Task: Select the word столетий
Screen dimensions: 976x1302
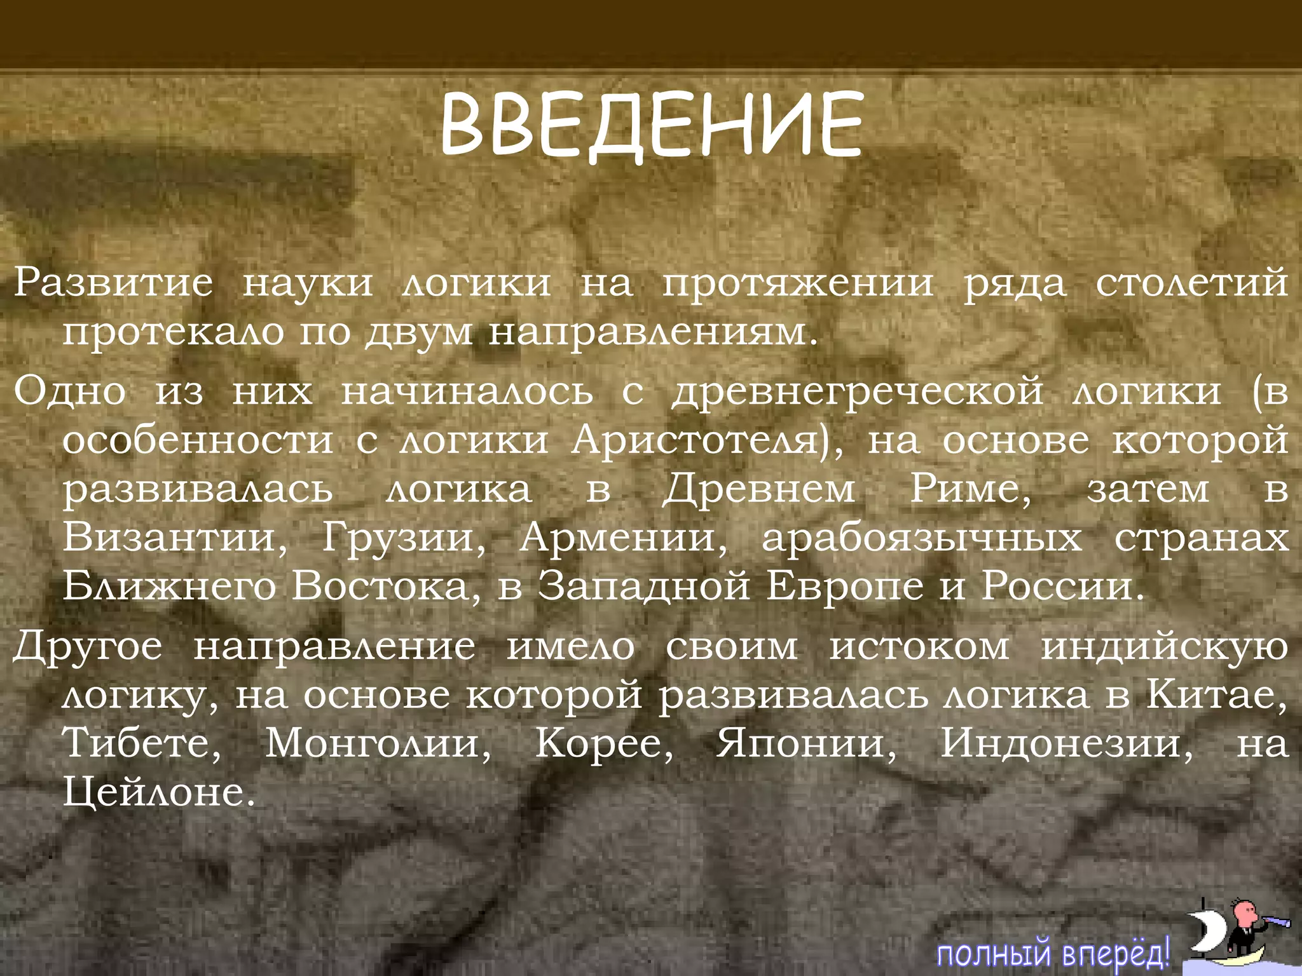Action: [1192, 283]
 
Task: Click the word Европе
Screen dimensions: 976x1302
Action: [845, 586]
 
